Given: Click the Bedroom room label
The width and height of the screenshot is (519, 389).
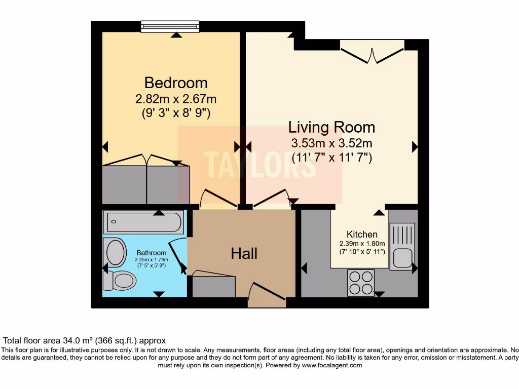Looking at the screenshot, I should click(176, 82).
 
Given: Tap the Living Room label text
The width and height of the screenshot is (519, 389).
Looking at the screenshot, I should click(331, 127).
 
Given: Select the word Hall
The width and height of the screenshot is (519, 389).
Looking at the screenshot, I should click(244, 253).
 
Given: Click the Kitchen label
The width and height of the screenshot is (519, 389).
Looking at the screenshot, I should click(362, 235).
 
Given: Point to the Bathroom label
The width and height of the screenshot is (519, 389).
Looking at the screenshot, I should click(151, 253).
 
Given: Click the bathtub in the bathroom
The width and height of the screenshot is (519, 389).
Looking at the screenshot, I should click(143, 222).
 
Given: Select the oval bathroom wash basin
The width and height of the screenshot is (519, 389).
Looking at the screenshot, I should click(116, 252).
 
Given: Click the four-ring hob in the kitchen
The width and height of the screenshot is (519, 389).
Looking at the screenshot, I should click(361, 282).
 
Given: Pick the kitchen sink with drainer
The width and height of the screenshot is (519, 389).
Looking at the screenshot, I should click(402, 246).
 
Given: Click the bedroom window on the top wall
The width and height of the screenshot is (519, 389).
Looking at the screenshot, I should click(170, 26).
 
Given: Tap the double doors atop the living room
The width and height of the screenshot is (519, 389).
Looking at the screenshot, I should click(372, 54).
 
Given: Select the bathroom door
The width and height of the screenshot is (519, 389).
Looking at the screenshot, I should click(177, 256).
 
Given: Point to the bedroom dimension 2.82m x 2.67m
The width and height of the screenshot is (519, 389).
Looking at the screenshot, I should click(176, 99).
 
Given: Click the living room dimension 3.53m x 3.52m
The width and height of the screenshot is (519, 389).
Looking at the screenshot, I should click(331, 143).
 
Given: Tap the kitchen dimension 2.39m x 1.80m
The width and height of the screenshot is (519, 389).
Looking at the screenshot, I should click(362, 244).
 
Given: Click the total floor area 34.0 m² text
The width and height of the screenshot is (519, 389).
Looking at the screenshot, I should click(85, 341).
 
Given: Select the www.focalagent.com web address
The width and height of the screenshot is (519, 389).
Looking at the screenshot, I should click(332, 365).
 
